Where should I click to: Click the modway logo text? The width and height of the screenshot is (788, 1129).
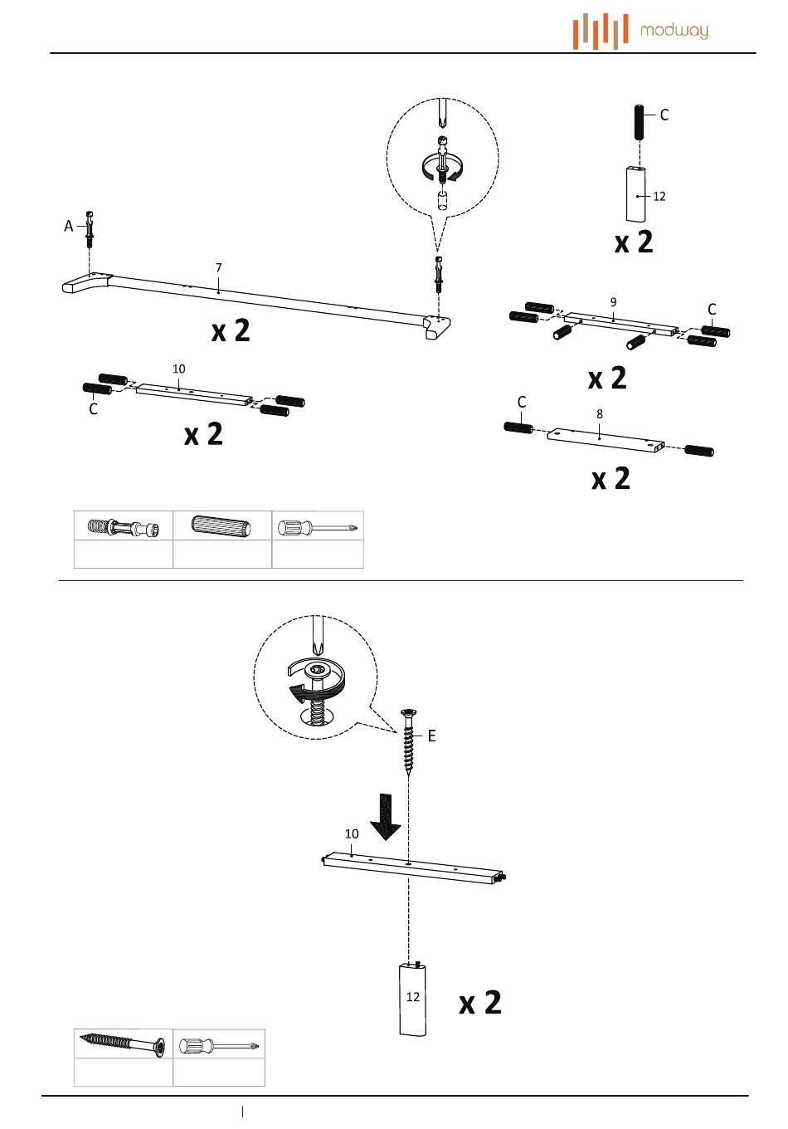pos(674,32)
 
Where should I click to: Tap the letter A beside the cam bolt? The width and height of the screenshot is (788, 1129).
pos(69,226)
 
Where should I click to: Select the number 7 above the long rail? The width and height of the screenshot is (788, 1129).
pos(218,267)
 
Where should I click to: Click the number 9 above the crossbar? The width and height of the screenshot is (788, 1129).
pos(613,302)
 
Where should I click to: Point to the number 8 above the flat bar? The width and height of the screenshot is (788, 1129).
pos(599,413)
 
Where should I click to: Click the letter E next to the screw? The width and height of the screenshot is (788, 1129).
pos(431,736)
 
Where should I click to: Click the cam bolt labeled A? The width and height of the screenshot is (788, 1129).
pos(90,229)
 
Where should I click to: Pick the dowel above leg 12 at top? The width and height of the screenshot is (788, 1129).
pos(639,123)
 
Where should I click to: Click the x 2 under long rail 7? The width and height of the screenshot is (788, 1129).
pos(231,331)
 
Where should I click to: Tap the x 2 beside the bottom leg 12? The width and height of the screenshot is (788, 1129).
pos(479,1002)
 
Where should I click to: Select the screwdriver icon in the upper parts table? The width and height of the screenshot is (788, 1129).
pos(318,528)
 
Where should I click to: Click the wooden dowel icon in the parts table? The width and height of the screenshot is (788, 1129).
pos(221,525)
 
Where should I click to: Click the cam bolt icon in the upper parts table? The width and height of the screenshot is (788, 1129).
pos(124,527)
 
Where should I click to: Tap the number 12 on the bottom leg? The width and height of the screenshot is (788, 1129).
pos(413,996)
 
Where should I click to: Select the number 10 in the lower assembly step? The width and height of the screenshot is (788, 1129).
pos(352,833)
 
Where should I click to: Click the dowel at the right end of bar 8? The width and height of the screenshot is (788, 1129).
pos(699,450)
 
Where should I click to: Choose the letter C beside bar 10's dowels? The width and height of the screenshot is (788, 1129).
pos(93,408)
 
